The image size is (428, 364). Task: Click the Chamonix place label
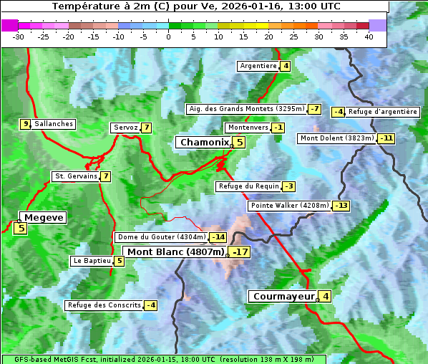[x=204, y=143]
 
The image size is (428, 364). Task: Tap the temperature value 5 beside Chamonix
[x=240, y=143]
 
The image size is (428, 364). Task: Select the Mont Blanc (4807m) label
[x=175, y=252]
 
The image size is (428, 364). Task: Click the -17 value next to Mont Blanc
[x=240, y=252]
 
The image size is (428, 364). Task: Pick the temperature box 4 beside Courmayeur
[x=326, y=296]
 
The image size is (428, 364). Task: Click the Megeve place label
[x=44, y=218]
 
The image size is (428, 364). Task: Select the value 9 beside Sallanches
[x=25, y=124]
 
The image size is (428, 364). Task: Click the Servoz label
[x=125, y=128]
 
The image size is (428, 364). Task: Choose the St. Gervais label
[x=75, y=176]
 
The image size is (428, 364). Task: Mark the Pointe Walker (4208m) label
[x=289, y=206]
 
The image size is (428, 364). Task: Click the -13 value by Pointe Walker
[x=341, y=206]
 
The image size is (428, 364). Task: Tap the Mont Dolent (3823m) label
[x=337, y=138]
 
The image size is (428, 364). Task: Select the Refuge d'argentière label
[x=383, y=112]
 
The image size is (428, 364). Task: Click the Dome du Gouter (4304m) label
[x=161, y=237]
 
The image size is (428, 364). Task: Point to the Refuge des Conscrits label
[x=104, y=305]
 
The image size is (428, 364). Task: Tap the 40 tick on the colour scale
[x=369, y=37]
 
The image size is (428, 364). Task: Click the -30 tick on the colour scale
[x=19, y=37]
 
